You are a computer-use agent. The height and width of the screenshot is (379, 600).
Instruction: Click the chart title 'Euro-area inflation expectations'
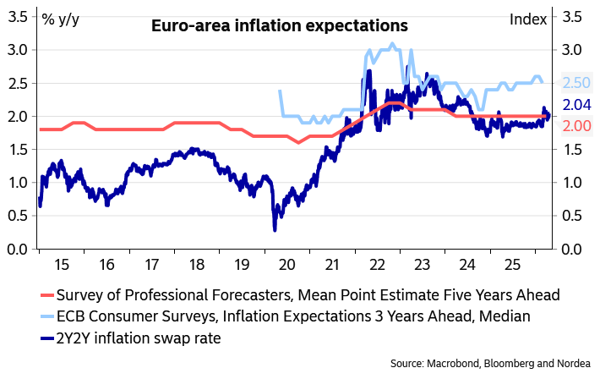279,26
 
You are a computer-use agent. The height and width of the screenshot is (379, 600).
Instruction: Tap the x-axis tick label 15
62,264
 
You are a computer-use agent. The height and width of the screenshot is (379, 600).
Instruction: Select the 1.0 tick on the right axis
571,183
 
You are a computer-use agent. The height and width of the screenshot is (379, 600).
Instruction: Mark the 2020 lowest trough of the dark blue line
275,229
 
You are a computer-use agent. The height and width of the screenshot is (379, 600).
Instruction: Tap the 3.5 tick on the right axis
571,16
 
